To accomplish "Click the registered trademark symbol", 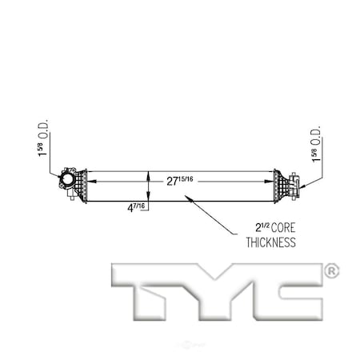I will click(330, 272).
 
